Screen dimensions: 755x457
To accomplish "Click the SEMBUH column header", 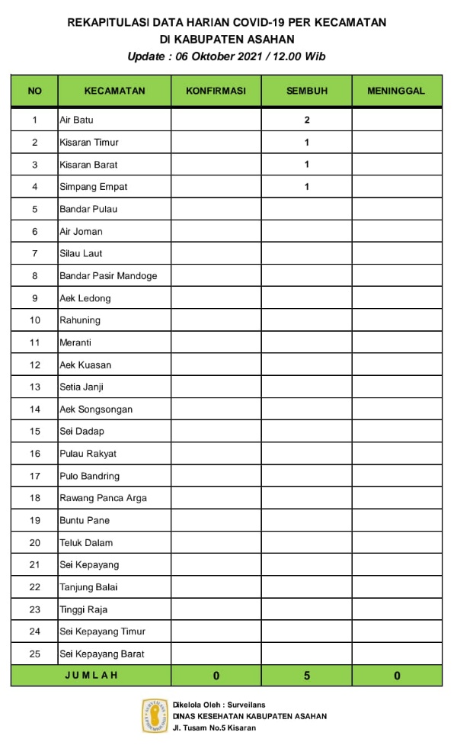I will pos(306,91).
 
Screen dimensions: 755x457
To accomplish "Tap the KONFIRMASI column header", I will pos(216,91).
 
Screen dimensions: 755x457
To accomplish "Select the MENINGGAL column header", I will pos(396,91).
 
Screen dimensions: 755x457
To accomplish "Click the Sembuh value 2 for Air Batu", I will pos(307,120).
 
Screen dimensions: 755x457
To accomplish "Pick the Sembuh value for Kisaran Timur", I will pos(307,143).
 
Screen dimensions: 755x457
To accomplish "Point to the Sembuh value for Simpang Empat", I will pos(307,187).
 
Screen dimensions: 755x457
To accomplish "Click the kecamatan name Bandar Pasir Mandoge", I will pos(108,276).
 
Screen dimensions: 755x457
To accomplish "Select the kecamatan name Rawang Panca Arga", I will pos(103,498).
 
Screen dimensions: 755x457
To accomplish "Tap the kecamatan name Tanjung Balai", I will pos(88,587).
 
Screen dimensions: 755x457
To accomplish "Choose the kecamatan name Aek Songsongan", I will pos(96,410).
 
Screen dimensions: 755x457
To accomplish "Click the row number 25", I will pos(34,654).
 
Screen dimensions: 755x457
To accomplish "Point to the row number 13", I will pos(34,387).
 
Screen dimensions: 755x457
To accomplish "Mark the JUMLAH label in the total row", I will pos(91,675).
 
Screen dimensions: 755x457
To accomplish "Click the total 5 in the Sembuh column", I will pos(307,676).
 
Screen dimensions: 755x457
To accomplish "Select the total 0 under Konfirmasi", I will pos(216,676).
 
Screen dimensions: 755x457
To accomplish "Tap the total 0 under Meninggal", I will pos(397,676).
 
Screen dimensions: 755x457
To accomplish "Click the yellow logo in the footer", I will pos(155,716).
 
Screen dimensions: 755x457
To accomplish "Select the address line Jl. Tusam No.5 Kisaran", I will pos(214,728).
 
